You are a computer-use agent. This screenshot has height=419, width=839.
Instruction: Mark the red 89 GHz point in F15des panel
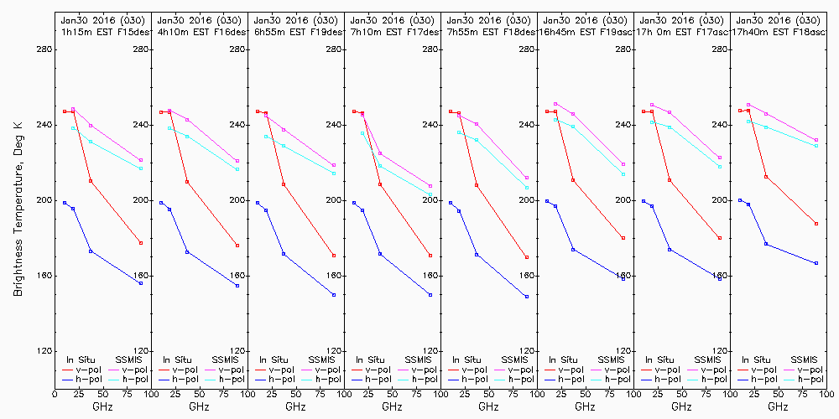tap(141, 243)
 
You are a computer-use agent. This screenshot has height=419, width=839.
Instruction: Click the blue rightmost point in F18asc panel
tap(816, 263)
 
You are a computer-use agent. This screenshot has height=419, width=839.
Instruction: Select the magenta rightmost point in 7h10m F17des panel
tap(430, 186)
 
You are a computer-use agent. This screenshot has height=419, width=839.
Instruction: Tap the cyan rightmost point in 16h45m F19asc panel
tap(623, 173)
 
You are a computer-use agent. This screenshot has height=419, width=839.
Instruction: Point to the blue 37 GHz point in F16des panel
tap(187, 252)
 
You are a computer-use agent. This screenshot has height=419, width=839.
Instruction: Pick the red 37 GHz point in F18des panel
tap(477, 185)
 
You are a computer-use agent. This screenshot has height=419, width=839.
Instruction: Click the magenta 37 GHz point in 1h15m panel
tap(91, 126)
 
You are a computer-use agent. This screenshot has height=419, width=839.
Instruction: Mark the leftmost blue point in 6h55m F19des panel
tap(258, 203)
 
